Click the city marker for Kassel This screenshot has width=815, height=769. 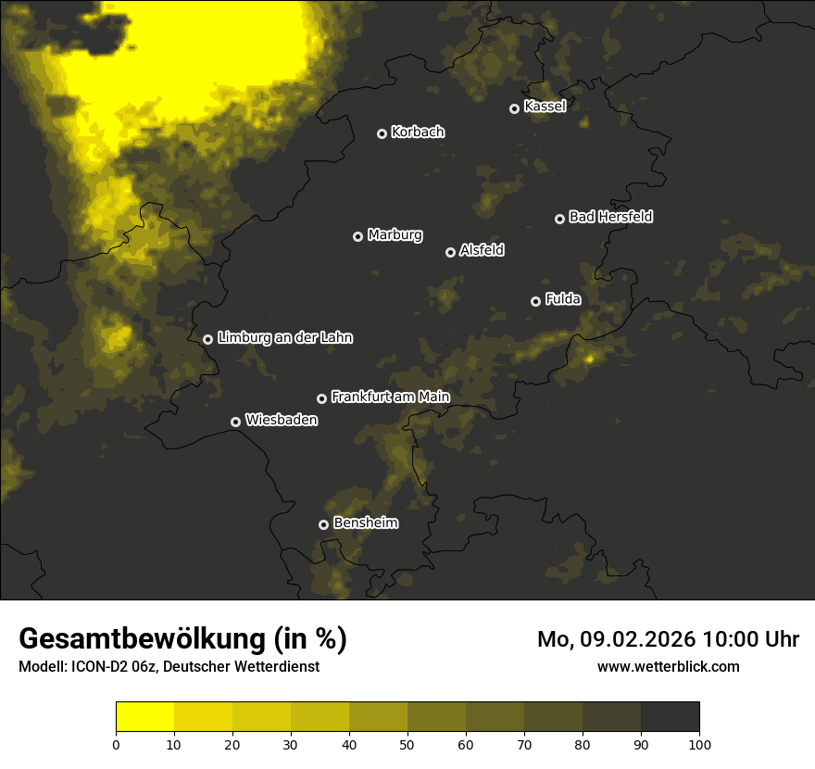coord(514,109)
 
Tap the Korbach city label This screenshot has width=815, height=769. coord(418,132)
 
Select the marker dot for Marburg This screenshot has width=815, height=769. coord(358,236)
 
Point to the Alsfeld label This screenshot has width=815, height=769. coord(482,250)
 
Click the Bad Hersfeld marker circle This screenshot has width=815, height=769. coord(559,219)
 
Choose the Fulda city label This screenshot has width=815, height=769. coord(563,299)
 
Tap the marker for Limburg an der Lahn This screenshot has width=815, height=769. coord(207,339)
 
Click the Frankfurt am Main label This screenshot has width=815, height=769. coord(390,397)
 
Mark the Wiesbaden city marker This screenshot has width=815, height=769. coord(235,422)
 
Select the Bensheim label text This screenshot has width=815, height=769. coord(365,523)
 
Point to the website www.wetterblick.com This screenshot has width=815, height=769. coord(668,666)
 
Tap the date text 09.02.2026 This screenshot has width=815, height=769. coord(638,639)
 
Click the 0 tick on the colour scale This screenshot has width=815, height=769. coord(116,744)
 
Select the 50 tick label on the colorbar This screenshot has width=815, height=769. coord(407,744)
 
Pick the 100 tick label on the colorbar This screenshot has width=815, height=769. coord(699,744)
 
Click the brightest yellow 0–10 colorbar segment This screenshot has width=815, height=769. coord(144,717)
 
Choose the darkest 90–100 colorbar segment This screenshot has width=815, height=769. coord(670,717)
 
